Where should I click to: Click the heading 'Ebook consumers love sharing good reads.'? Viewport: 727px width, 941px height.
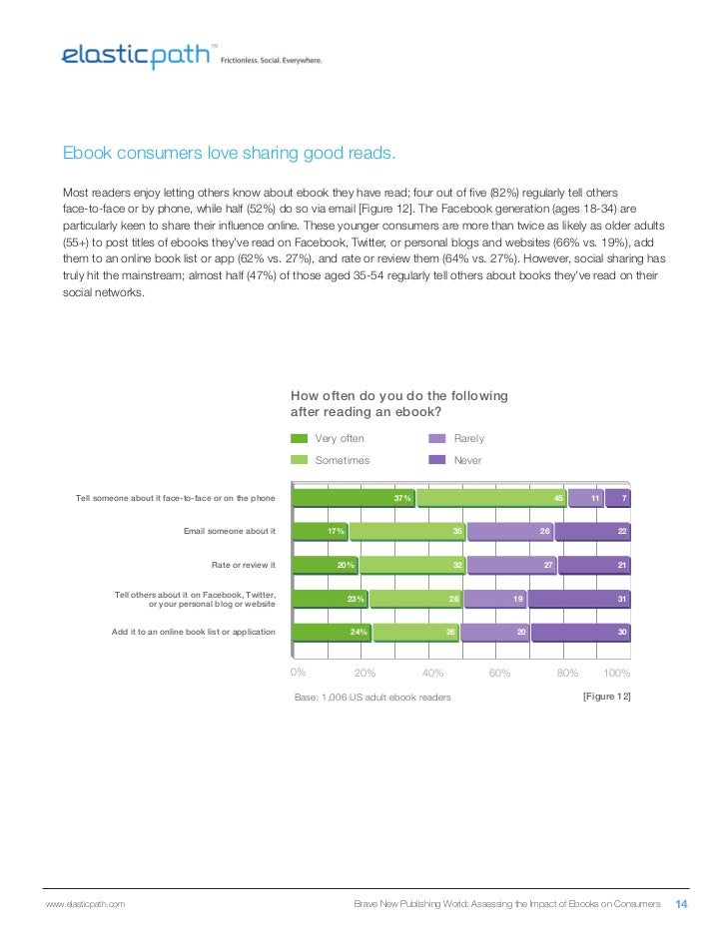coord(230,154)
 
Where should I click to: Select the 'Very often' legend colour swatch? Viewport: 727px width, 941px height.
coord(299,438)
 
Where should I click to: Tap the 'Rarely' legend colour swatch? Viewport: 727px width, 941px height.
coord(437,438)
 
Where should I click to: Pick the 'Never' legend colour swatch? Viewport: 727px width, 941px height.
coord(437,460)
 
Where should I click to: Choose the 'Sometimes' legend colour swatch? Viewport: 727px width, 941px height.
coord(299,460)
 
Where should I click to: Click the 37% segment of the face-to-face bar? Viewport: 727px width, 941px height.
coord(354,497)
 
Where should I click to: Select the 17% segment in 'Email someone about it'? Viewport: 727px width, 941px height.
coord(320,531)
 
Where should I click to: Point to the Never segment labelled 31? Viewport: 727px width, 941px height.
coord(579,599)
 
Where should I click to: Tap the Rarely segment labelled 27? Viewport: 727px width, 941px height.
coord(510,565)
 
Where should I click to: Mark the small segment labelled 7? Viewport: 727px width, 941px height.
coord(620,497)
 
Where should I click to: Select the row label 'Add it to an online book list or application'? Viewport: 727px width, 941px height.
coord(194,632)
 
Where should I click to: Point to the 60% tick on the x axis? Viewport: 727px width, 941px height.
coord(499,673)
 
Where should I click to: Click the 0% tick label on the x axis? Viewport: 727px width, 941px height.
coord(298,672)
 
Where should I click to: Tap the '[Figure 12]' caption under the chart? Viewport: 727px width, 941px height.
coord(606,696)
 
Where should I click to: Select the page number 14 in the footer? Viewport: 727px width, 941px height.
coord(683,904)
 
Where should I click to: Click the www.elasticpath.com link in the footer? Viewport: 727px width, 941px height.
coord(86,905)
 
